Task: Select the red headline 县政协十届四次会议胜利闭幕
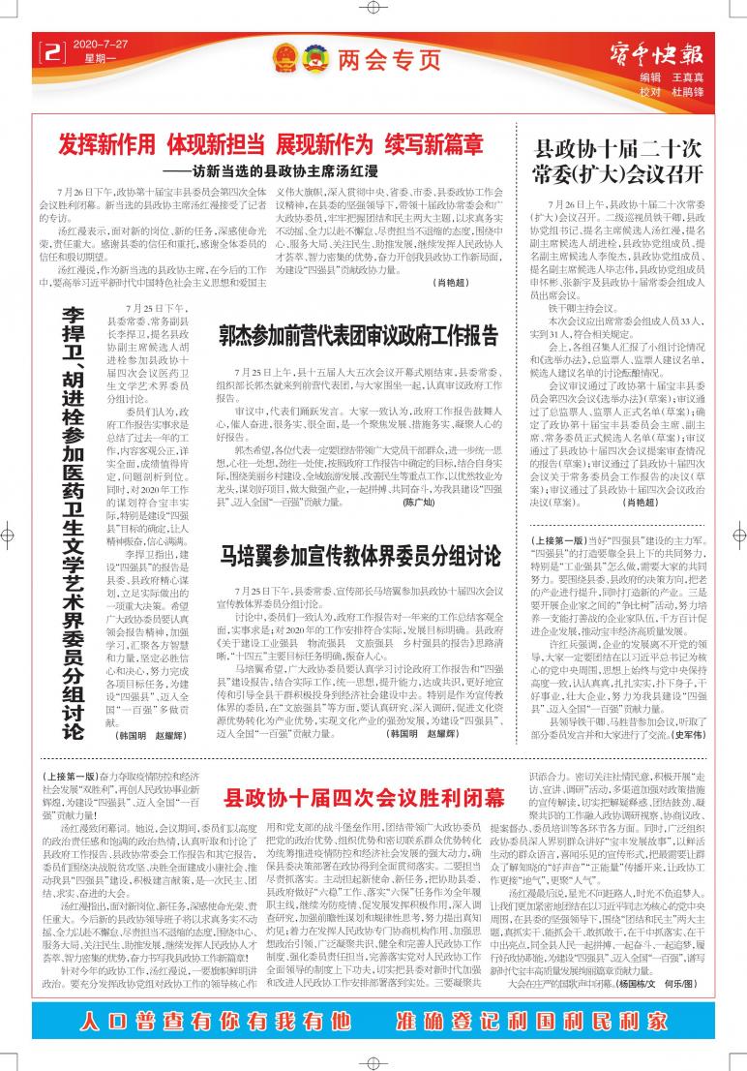tap(364, 798)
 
